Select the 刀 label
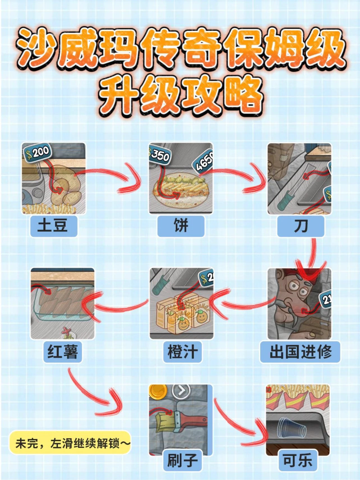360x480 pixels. point(301,226)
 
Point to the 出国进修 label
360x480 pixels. point(300,352)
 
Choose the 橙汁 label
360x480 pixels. point(182,352)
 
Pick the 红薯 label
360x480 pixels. point(63,352)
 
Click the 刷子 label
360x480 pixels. point(182,460)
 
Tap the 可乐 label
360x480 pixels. point(298,460)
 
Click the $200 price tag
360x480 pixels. point(37,153)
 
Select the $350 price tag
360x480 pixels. point(159,153)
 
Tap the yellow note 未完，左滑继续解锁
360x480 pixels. point(70,443)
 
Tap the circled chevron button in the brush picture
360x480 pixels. point(181,391)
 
